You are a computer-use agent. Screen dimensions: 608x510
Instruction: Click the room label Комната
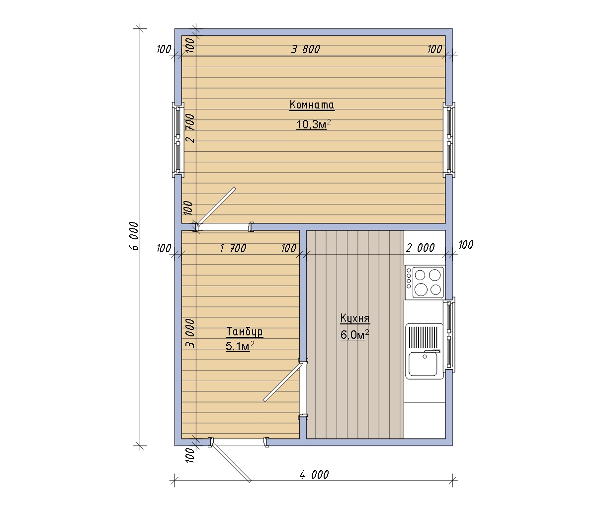[x=312, y=104]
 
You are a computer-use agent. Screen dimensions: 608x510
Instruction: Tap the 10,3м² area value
[x=314, y=124]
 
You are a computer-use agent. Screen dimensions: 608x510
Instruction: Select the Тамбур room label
[x=245, y=332]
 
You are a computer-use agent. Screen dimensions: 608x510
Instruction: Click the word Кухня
[x=355, y=318]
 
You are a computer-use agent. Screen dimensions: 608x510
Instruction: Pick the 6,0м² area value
[x=354, y=334]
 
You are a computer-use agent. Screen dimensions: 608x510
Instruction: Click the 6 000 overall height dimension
[x=134, y=236]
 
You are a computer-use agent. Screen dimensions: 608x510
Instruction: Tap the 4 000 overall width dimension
[x=314, y=475]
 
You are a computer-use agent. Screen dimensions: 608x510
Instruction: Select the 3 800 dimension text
[x=305, y=49]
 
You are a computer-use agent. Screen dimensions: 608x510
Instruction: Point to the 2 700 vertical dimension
[x=190, y=128]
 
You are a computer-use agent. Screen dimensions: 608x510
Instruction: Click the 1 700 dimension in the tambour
[x=233, y=248]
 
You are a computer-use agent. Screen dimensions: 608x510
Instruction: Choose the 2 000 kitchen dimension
[x=420, y=248]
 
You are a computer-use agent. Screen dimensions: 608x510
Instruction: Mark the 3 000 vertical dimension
[x=190, y=333]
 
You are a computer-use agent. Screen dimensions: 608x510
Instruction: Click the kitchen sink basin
[x=423, y=364]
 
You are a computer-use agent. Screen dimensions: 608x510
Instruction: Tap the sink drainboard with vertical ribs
[x=423, y=337]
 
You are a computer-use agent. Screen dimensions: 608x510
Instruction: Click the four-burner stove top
[x=425, y=282]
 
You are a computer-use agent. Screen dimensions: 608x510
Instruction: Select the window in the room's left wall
[x=177, y=140]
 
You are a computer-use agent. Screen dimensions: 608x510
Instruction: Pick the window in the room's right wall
[x=449, y=140]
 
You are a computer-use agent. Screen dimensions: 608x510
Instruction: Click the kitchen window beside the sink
[x=449, y=334]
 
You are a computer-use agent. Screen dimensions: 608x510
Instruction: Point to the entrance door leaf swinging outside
[x=231, y=463]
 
